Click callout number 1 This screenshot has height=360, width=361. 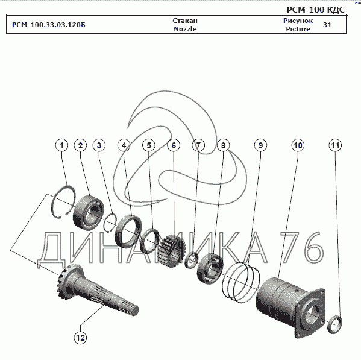pos(62,145)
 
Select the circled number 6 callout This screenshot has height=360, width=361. pos(174,145)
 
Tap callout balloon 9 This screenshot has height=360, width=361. pos(260,145)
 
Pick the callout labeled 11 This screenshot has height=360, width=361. pos(335,145)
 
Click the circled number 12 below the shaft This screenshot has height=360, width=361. pos(80,338)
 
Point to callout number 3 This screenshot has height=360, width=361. pos(99,145)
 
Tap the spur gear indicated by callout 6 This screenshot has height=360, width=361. pos(172,251)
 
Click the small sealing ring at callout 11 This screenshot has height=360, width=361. pos(334,324)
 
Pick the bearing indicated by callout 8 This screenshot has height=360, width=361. pos(210,268)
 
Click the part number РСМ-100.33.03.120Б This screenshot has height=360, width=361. pos(49,25)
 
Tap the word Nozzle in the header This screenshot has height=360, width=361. pos(185,29)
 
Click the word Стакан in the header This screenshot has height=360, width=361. pos(185,21)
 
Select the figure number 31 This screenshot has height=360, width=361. pos(327,25)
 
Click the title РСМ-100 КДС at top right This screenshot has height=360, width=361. pos(316,10)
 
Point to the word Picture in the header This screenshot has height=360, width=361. pos(298,29)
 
